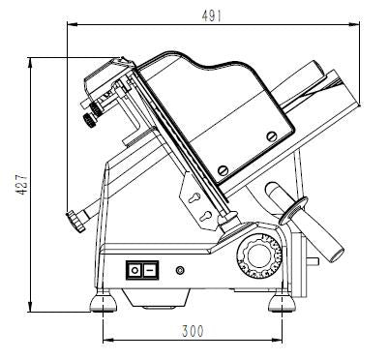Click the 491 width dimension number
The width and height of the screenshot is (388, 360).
click(x=212, y=15)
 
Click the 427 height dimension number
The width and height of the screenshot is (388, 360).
click(x=22, y=184)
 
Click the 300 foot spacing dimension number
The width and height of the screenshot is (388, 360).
click(x=193, y=331)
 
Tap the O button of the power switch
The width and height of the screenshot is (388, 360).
click(x=134, y=270)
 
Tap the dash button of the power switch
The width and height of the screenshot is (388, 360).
click(x=149, y=270)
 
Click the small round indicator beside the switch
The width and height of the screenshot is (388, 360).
click(x=180, y=270)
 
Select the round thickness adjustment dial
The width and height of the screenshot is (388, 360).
click(x=259, y=256)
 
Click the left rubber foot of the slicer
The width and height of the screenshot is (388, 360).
click(x=103, y=303)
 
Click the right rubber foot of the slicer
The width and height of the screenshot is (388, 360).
click(x=283, y=303)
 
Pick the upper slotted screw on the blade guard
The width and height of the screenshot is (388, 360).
click(x=272, y=136)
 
